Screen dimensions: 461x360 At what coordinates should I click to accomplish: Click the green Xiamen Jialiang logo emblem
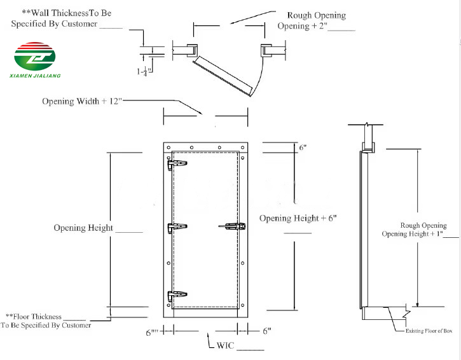35,56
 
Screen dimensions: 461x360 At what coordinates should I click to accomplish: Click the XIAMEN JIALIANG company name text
35,76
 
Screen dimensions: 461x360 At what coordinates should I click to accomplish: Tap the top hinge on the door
177,165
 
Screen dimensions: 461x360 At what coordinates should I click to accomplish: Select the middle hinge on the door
177,228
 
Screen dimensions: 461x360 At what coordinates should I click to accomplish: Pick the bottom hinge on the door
177,295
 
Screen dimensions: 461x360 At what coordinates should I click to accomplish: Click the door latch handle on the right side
232,226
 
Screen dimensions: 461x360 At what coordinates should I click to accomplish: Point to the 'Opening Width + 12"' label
82,101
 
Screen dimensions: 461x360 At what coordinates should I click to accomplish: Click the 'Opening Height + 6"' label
298,219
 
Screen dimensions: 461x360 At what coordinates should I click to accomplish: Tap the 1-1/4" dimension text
144,71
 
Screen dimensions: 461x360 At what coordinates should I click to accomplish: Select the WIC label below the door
226,345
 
